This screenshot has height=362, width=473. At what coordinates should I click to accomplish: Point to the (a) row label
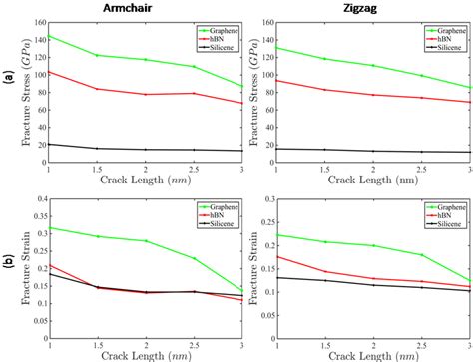click(9, 85)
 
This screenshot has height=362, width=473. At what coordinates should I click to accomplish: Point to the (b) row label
click(9, 264)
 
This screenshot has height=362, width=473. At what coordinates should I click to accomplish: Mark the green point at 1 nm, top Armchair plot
click(49, 36)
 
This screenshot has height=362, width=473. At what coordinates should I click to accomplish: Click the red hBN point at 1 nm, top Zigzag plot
click(275, 81)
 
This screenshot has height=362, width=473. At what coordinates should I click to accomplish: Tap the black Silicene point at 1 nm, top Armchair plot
click(49, 144)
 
